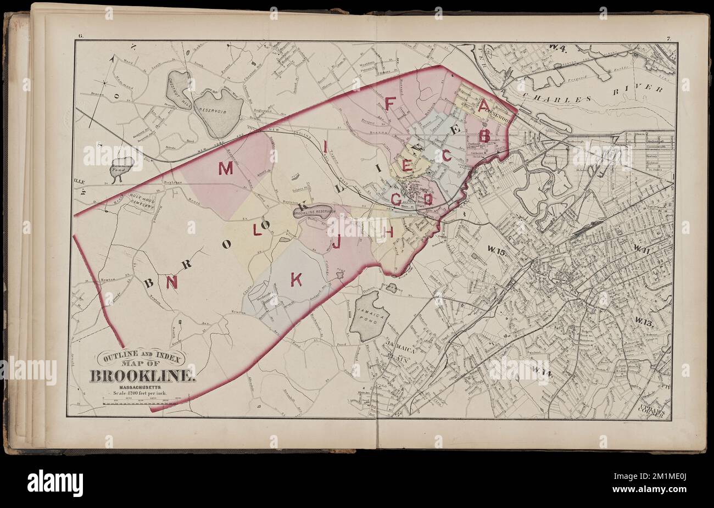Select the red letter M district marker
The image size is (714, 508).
[225, 169]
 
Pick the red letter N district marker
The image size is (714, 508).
[172, 282]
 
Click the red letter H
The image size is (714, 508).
[389, 233]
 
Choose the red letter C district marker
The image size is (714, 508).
[447, 156]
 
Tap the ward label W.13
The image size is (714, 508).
[646, 322]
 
